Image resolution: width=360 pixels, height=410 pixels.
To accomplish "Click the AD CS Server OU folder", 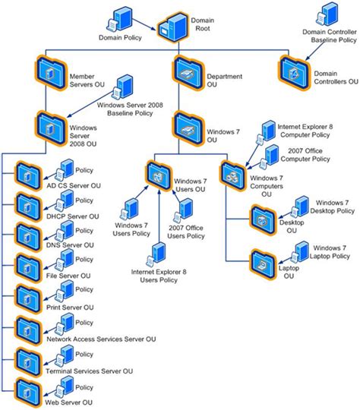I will [x=27, y=172].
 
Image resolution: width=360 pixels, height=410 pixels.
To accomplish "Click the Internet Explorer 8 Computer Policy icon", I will [x=267, y=130].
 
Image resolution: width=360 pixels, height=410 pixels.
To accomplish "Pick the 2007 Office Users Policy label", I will [x=186, y=232].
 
